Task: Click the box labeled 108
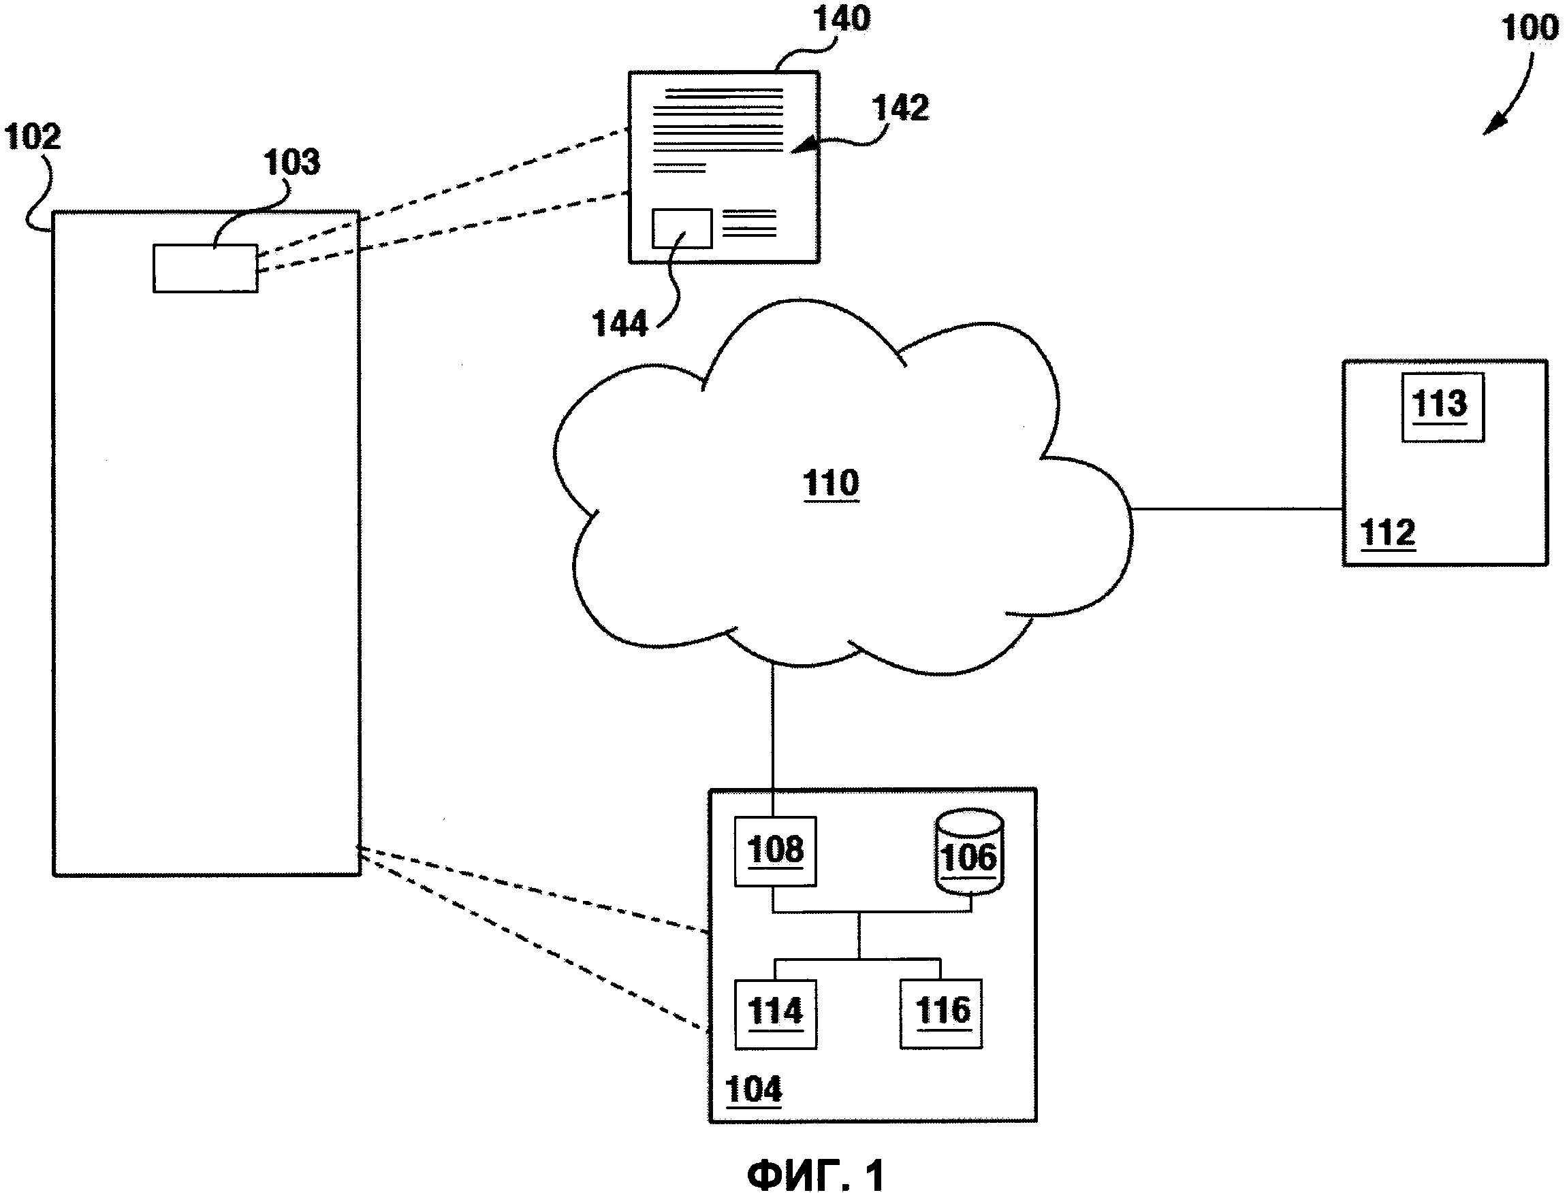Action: pos(775,851)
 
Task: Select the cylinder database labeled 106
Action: pos(969,851)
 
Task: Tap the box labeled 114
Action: pos(775,1013)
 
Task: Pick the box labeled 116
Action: pos(941,1013)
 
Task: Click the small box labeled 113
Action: pos(1442,407)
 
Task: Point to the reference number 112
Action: pos(1387,533)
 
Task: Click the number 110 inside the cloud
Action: pos(831,484)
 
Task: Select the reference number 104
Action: pos(753,1089)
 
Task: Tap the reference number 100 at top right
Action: pos(1530,29)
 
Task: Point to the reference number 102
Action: pos(32,137)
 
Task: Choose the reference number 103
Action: pos(291,163)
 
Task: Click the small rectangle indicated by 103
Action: pos(205,269)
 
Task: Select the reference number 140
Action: pos(841,18)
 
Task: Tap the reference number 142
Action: pos(900,108)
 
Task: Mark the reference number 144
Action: pos(620,324)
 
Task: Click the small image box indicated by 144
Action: pos(682,228)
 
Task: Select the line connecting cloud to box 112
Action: pos(1237,509)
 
